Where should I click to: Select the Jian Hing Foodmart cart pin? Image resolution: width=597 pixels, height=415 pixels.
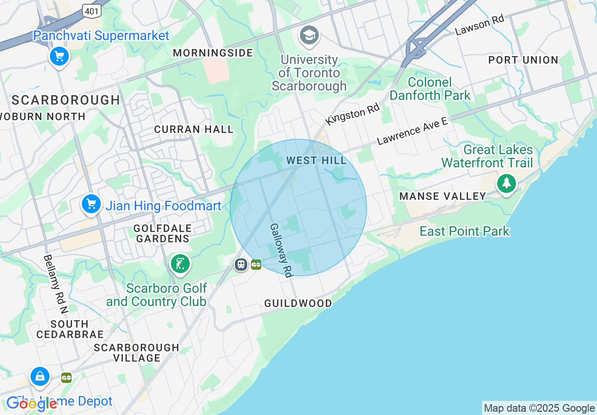(x=91, y=205)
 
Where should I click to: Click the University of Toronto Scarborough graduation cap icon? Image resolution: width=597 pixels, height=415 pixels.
(x=309, y=35)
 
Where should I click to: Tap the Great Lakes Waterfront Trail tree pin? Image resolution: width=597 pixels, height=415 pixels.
(x=506, y=183)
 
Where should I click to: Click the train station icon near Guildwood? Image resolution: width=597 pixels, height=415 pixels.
(x=241, y=265)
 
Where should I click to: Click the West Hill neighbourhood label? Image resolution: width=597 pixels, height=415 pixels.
(x=316, y=161)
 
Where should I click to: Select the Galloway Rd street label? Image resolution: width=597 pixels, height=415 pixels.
(x=282, y=249)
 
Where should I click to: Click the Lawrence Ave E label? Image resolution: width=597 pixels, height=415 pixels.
(x=412, y=131)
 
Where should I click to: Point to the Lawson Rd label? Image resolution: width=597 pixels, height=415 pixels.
(x=480, y=25)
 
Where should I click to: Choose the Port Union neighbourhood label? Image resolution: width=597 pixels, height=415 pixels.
(x=523, y=60)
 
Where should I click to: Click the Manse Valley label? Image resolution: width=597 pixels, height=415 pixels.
(x=443, y=196)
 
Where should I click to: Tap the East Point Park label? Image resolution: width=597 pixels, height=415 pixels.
(x=464, y=231)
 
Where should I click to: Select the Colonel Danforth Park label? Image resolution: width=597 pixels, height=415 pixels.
(x=430, y=89)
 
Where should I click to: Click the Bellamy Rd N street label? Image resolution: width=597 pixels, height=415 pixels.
(x=56, y=284)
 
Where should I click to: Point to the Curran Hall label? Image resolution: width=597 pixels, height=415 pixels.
(x=194, y=129)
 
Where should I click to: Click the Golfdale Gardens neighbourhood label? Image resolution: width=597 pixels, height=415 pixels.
(x=162, y=233)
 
